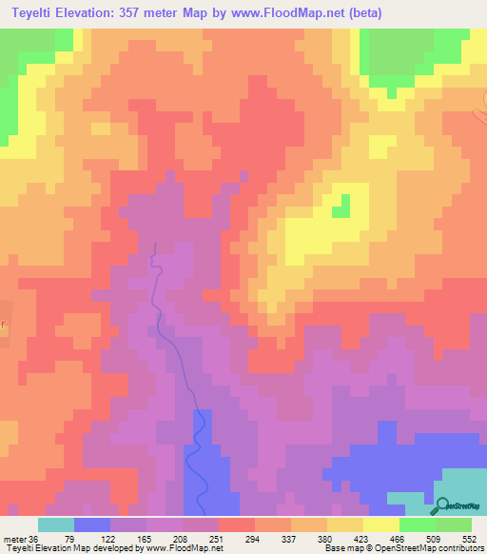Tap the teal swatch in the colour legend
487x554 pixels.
tap(56, 524)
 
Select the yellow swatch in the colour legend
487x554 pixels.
tap(380, 524)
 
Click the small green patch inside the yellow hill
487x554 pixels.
tap(341, 206)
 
